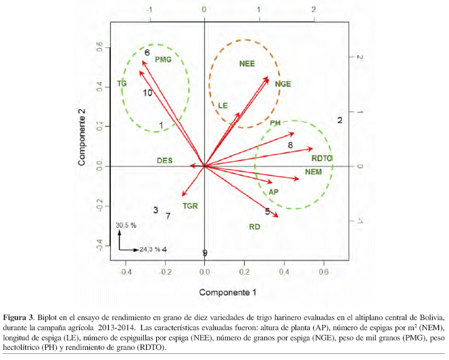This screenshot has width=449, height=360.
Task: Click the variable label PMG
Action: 163,60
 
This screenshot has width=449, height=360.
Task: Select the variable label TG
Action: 122,84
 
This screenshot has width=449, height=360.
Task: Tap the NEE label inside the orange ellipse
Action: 247,64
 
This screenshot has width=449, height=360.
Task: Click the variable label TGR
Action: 190,205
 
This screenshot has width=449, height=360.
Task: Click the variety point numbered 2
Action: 340,120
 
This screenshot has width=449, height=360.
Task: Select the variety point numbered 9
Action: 204,253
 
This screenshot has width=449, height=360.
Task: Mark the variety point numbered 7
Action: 168,216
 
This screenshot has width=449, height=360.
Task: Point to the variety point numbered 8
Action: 290,145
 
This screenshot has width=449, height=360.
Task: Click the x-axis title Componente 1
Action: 227,292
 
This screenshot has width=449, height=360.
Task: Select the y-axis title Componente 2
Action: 82,138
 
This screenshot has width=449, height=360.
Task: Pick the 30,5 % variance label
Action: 126,225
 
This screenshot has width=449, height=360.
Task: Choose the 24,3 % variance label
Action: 149,249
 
